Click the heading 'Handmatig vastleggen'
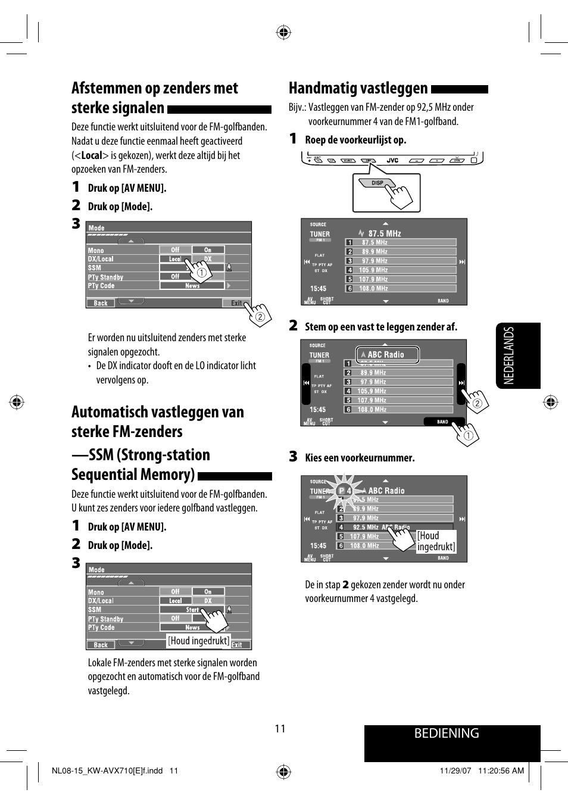click(358, 89)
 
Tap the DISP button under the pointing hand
click(377, 183)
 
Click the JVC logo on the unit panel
click(392, 160)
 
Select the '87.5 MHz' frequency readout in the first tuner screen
click(384, 233)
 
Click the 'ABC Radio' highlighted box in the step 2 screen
click(387, 354)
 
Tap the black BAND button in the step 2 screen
click(442, 422)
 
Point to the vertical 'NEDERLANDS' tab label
click(509, 355)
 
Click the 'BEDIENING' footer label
click(447, 733)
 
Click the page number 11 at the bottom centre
click(280, 729)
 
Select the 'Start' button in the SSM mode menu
click(192, 610)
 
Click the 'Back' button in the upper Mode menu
click(101, 303)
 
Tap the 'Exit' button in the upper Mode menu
click(236, 303)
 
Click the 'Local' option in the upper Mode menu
click(175, 259)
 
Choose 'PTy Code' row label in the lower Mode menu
click(101, 628)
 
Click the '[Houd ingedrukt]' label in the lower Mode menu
click(199, 641)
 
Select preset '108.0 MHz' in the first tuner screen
click(373, 288)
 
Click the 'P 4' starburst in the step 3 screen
click(344, 491)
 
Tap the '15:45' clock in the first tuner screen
click(318, 288)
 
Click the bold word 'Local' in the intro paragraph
click(92, 155)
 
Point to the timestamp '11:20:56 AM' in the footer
click(501, 770)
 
